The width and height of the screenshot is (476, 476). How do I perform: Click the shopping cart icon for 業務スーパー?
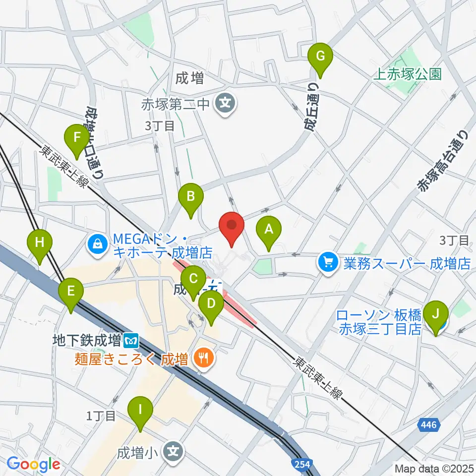(x=328, y=261)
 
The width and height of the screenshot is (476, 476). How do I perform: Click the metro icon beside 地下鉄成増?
(x=132, y=341)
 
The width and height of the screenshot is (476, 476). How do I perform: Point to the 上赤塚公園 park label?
(x=407, y=74)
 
